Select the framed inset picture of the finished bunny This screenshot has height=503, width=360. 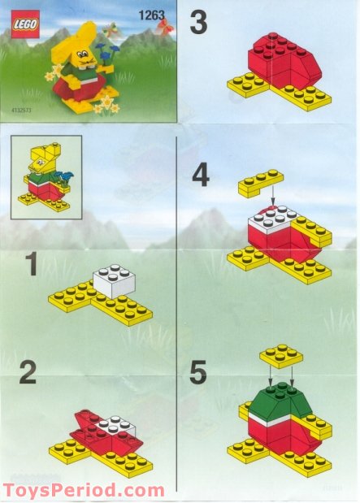tap(46, 177)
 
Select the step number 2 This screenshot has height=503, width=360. tap(28, 373)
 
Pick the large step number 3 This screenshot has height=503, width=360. tap(198, 23)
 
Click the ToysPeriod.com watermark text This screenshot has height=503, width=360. tap(84, 491)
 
